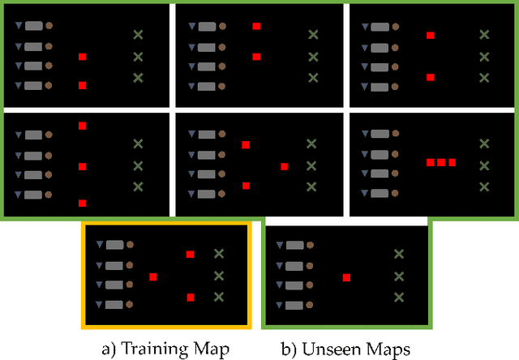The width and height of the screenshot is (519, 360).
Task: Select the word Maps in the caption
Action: pyautogui.click(x=387, y=349)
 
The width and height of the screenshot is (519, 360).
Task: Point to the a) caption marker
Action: pyautogui.click(x=111, y=349)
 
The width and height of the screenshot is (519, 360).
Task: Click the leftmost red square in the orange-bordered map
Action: pyautogui.click(x=152, y=276)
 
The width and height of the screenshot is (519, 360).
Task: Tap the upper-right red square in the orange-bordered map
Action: pyautogui.click(x=190, y=255)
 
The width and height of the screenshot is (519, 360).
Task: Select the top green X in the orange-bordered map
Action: pyautogui.click(x=218, y=254)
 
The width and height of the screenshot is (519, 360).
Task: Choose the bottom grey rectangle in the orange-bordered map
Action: pyautogui.click(x=114, y=305)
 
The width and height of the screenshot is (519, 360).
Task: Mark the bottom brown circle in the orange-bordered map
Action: pyautogui.click(x=131, y=305)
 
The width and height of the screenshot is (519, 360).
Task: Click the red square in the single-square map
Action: pyautogui.click(x=346, y=277)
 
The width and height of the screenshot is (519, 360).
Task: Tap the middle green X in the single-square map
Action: pyautogui.click(x=399, y=276)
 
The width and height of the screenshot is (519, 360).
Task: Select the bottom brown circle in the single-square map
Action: pyautogui.click(x=312, y=305)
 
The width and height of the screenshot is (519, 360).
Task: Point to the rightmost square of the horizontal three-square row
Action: pyautogui.click(x=453, y=163)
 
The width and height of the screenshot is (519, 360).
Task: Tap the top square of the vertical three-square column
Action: pyautogui.click(x=82, y=126)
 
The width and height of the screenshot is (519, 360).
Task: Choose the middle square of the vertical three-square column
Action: pyautogui.click(x=82, y=166)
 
